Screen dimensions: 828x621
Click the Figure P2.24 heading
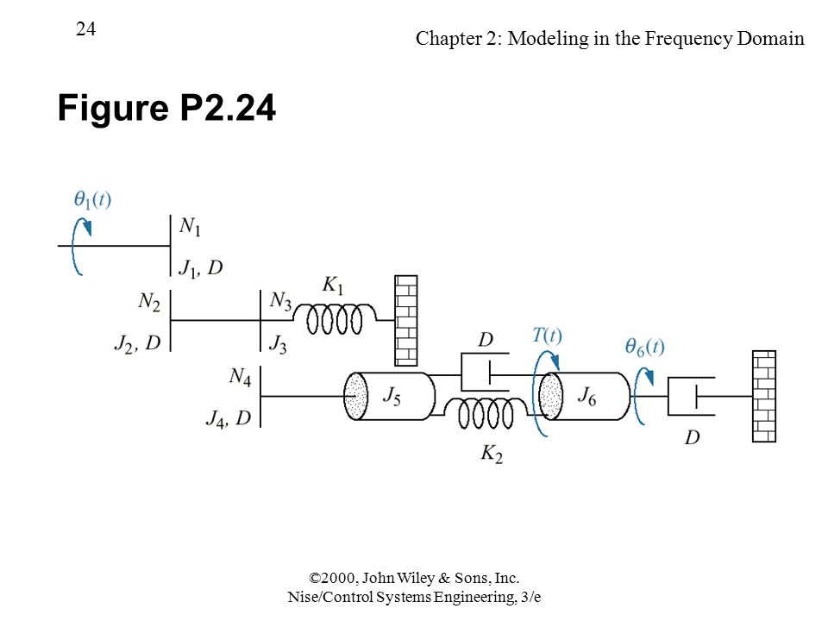coord(166,108)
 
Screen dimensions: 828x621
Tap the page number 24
coord(85,29)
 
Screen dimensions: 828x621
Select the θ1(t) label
coord(92,199)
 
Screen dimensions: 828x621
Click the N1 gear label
coord(190,227)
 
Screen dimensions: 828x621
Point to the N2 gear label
coord(149,302)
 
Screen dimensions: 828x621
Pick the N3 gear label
coord(280,301)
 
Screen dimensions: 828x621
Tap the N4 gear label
coord(240,377)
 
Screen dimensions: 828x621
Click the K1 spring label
coord(333,285)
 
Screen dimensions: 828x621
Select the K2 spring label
coord(492,455)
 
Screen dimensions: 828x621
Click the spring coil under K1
coord(335,319)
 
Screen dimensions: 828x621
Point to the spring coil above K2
coord(486,413)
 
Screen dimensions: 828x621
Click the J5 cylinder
coord(390,396)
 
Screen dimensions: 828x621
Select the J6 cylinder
coord(585,396)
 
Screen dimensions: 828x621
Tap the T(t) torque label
coord(547,336)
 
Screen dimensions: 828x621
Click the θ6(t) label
coord(644,347)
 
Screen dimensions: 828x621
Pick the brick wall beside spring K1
coord(406,321)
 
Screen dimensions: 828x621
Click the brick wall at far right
coord(764,396)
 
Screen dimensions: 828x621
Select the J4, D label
coord(228,419)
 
